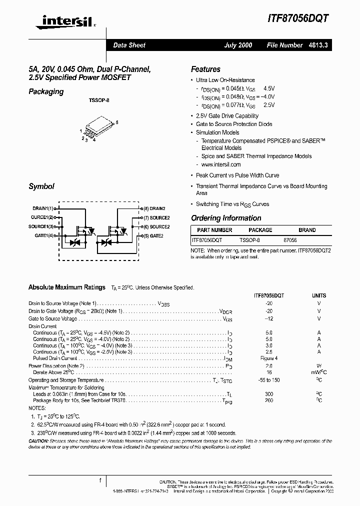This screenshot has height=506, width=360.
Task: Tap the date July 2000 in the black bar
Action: (237, 45)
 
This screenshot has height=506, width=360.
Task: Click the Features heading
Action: (205, 69)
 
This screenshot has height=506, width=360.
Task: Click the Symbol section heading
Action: (41, 186)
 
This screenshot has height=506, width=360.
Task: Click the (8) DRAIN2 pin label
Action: (154, 208)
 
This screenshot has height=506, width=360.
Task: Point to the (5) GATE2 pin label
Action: (153, 235)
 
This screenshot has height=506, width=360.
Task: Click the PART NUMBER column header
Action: (214, 230)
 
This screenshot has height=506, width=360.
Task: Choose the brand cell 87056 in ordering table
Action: (290, 240)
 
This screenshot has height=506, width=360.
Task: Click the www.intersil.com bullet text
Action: (221, 164)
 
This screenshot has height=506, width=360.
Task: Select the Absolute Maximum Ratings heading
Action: (67, 287)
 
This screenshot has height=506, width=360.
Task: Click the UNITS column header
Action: (319, 295)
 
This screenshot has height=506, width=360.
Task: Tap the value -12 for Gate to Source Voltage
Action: (269, 318)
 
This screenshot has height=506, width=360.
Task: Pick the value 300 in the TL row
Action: (269, 394)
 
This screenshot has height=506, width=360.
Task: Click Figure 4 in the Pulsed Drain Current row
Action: (269, 358)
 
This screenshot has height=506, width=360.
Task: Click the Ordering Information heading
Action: (226, 218)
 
